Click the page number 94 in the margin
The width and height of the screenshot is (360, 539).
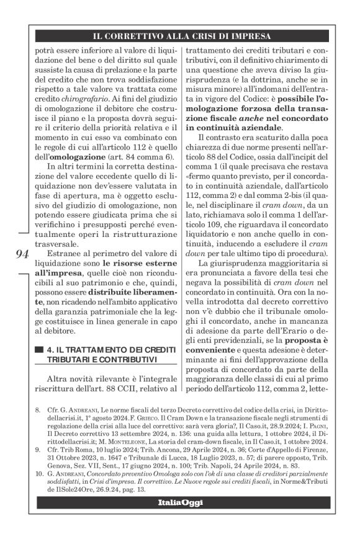(21, 253)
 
